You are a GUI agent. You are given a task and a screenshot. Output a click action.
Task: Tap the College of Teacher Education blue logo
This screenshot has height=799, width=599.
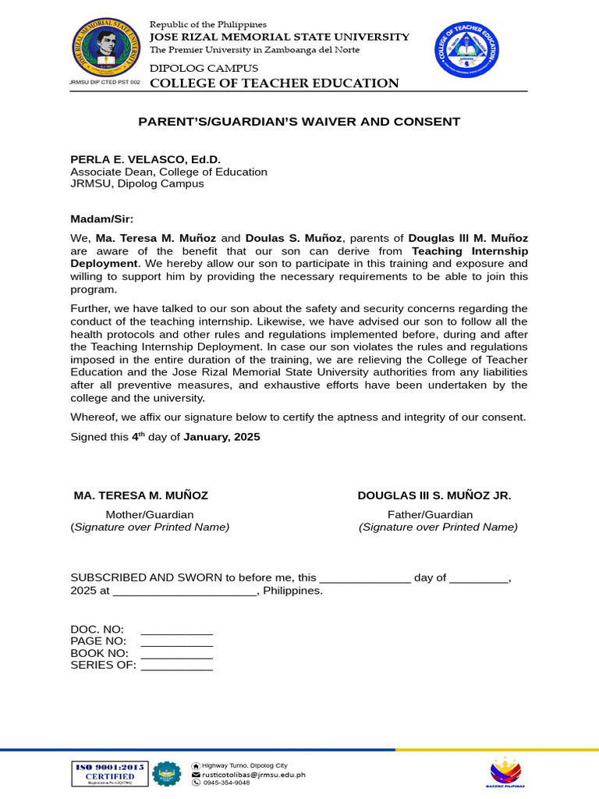click(466, 51)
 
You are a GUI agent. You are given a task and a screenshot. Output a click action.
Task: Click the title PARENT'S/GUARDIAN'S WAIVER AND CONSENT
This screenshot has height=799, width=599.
click(299, 122)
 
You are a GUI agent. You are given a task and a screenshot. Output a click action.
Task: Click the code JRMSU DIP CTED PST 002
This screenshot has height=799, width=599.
click(105, 82)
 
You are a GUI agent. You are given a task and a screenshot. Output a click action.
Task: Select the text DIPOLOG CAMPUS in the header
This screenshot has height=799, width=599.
click(204, 69)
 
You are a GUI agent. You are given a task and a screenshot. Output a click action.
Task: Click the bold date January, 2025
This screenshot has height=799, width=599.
click(222, 437)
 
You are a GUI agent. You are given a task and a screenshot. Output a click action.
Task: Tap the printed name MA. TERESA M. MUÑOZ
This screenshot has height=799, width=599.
click(140, 495)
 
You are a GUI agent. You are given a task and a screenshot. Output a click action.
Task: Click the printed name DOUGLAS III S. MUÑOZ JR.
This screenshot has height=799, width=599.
click(434, 495)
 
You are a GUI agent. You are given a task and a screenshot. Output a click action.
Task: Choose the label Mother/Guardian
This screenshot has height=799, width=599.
click(150, 514)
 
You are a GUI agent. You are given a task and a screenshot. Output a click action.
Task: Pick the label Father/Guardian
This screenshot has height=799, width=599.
click(430, 514)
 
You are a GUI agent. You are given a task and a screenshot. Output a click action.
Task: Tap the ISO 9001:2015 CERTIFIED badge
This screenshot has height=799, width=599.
click(110, 772)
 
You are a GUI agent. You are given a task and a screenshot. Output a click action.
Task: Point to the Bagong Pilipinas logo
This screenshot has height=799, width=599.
click(506, 772)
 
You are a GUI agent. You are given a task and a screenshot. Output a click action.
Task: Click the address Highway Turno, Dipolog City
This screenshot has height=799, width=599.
click(244, 765)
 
